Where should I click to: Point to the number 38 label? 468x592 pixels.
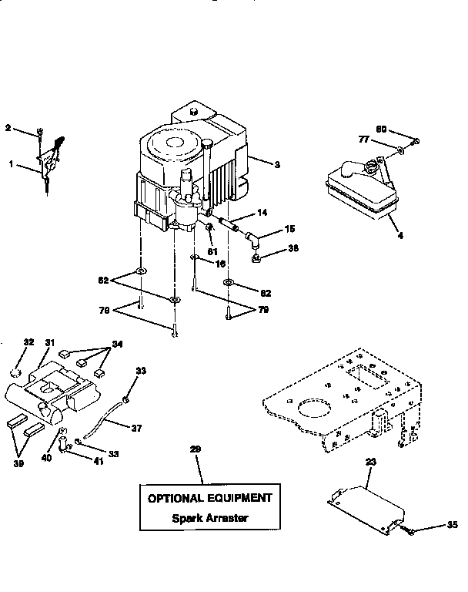pyautogui.click(x=293, y=248)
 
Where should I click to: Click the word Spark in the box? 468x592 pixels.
pyautogui.click(x=186, y=518)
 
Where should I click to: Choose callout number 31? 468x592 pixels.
pyautogui.click(x=49, y=343)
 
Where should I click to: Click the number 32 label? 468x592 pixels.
pyautogui.click(x=28, y=342)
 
